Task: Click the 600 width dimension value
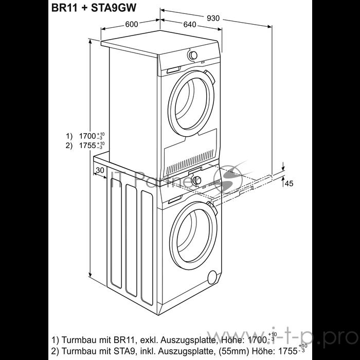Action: pyautogui.click(x=132, y=24)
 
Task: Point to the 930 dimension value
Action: pyautogui.click(x=212, y=18)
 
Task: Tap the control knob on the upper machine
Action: pyautogui.click(x=193, y=55)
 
